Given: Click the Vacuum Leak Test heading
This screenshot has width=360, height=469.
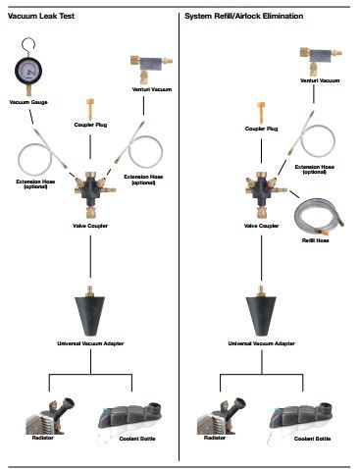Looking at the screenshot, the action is coord(41,16).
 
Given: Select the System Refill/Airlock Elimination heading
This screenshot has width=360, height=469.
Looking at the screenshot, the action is coord(244,16).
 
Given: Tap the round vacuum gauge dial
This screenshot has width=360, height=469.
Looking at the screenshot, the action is coord(28,71).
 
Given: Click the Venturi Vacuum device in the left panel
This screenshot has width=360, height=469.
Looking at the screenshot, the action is coord(151,67).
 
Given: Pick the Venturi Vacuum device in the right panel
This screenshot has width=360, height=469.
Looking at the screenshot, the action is coord(321,60).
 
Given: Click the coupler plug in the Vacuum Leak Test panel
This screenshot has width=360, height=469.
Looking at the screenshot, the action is coord(90,110).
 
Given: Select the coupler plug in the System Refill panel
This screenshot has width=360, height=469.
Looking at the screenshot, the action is coord(261,113).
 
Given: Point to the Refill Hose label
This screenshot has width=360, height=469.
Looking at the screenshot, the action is coord(315,240).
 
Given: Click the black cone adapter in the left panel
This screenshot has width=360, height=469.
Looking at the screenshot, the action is coord(90,311).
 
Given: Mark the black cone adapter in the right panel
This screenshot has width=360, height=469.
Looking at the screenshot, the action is coord(261,311).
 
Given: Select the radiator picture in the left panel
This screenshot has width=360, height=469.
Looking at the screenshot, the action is coord(49,416).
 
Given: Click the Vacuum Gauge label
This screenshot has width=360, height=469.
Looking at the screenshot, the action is coord(28,102).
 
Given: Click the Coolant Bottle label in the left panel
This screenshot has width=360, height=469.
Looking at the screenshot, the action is coord(137,439).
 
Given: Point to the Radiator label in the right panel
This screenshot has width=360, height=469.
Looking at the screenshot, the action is coord(215,438).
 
